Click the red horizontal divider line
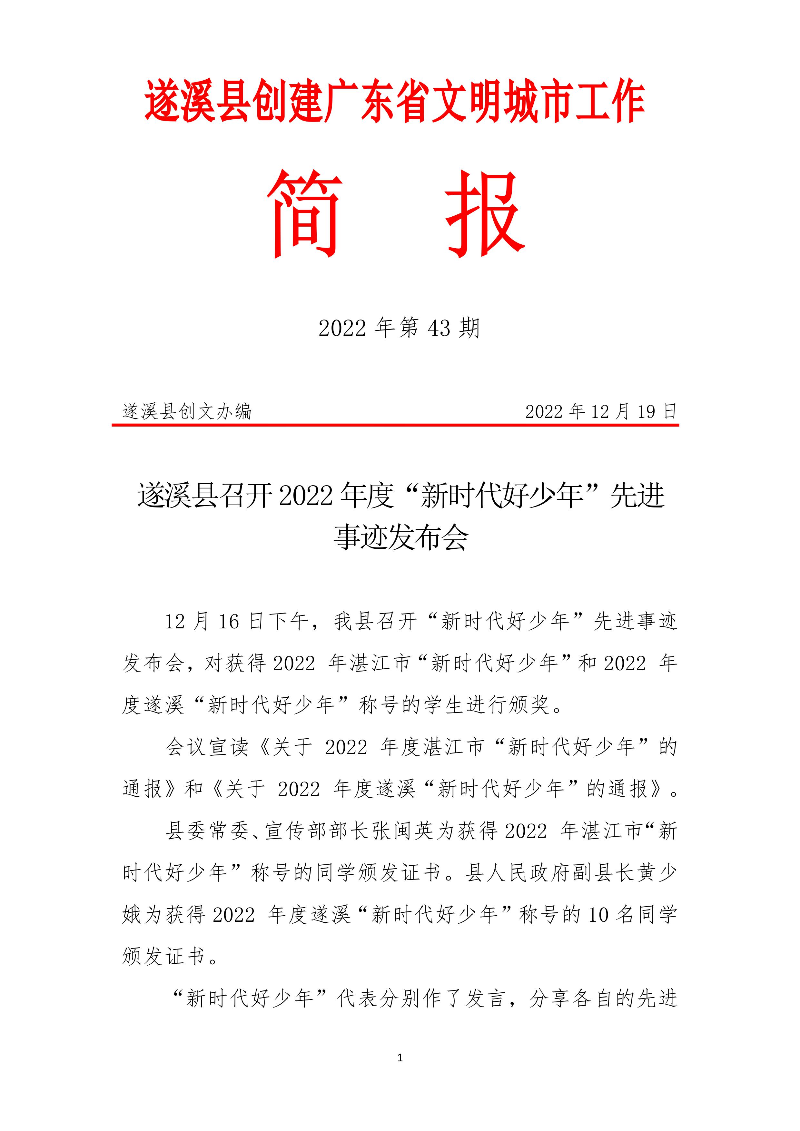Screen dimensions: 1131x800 (395, 424)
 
